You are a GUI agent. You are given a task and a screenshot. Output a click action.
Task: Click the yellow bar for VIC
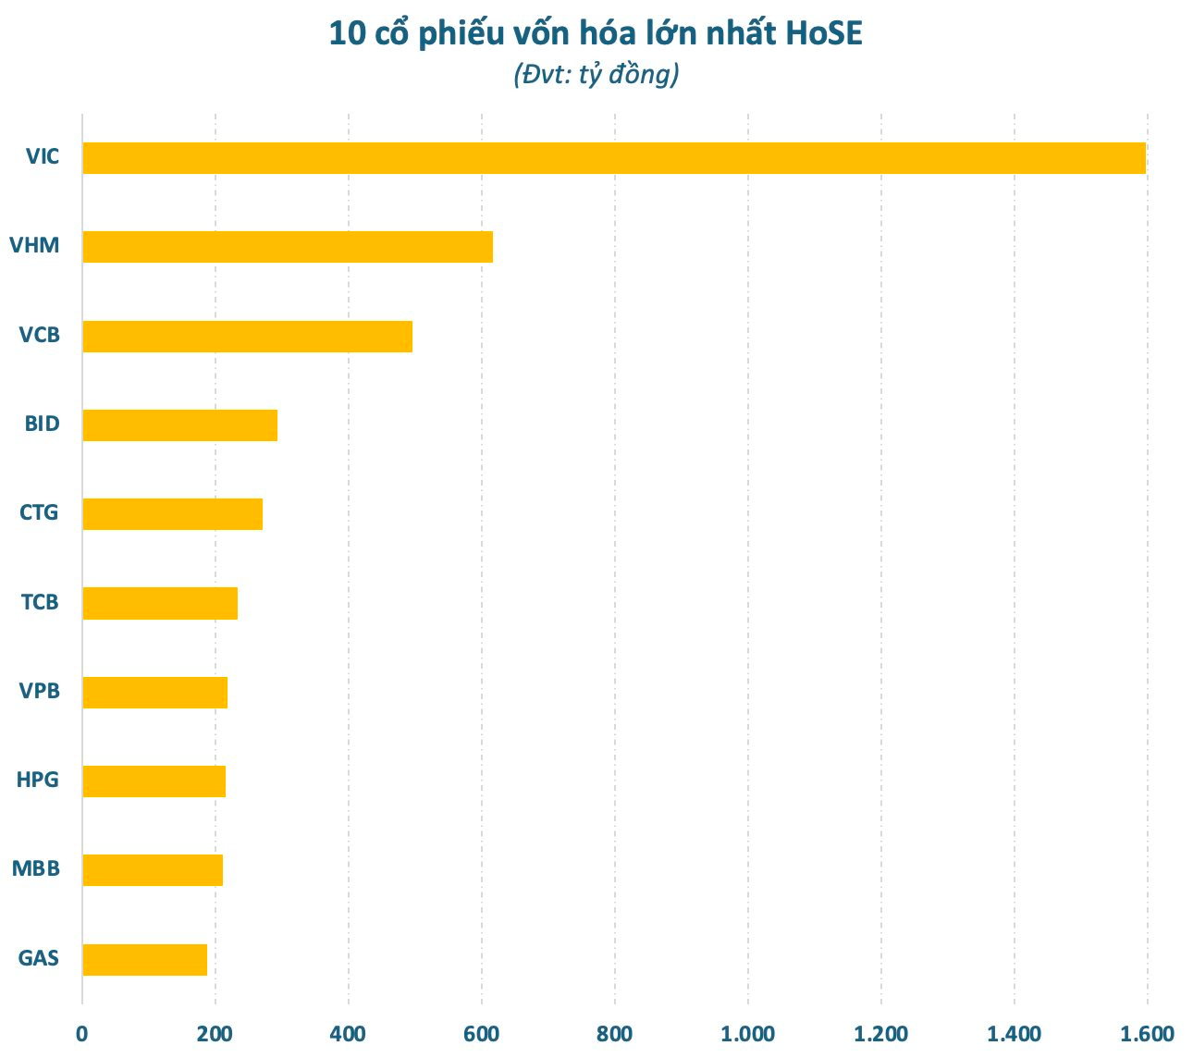coord(614,158)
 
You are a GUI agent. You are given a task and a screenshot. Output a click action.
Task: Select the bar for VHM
coord(288,247)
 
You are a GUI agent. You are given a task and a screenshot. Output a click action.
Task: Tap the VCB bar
coord(247,337)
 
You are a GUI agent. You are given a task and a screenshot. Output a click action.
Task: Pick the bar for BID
coord(179,425)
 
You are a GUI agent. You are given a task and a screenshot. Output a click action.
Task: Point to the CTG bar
coord(172,514)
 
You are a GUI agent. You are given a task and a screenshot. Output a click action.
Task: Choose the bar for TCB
coord(160,603)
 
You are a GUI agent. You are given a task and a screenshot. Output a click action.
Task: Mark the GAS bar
coord(144,960)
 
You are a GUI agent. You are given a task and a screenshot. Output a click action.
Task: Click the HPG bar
coord(154,781)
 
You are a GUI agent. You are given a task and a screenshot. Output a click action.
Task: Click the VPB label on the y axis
coord(40,691)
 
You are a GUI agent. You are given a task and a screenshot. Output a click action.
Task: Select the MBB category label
coord(36,869)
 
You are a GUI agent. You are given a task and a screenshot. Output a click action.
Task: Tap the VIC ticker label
coord(43,156)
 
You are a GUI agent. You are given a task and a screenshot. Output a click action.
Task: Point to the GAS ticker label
coord(39,958)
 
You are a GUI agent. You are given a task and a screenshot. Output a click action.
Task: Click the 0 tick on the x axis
coord(82,1034)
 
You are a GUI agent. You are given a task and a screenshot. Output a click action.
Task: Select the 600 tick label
coord(481,1034)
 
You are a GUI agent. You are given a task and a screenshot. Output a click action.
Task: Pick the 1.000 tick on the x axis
coord(747,1034)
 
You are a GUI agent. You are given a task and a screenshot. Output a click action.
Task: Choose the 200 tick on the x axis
coord(215,1034)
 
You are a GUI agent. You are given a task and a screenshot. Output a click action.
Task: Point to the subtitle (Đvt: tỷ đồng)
coord(596,74)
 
